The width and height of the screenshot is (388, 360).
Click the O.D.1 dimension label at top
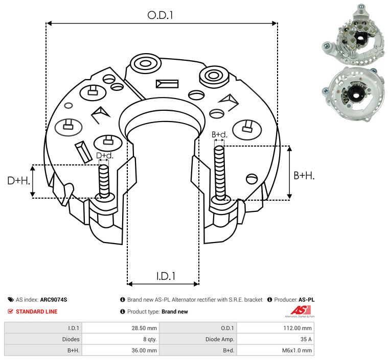[x=161, y=15]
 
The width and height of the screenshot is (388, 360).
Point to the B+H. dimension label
[x=304, y=175]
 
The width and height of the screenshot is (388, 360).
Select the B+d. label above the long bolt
[x=219, y=135]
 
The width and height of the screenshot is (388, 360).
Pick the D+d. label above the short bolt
[x=104, y=155]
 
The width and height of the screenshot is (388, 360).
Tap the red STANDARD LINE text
[x=36, y=311]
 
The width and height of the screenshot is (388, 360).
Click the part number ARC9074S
[x=54, y=300]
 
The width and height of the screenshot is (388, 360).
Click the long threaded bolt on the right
[x=220, y=174]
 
